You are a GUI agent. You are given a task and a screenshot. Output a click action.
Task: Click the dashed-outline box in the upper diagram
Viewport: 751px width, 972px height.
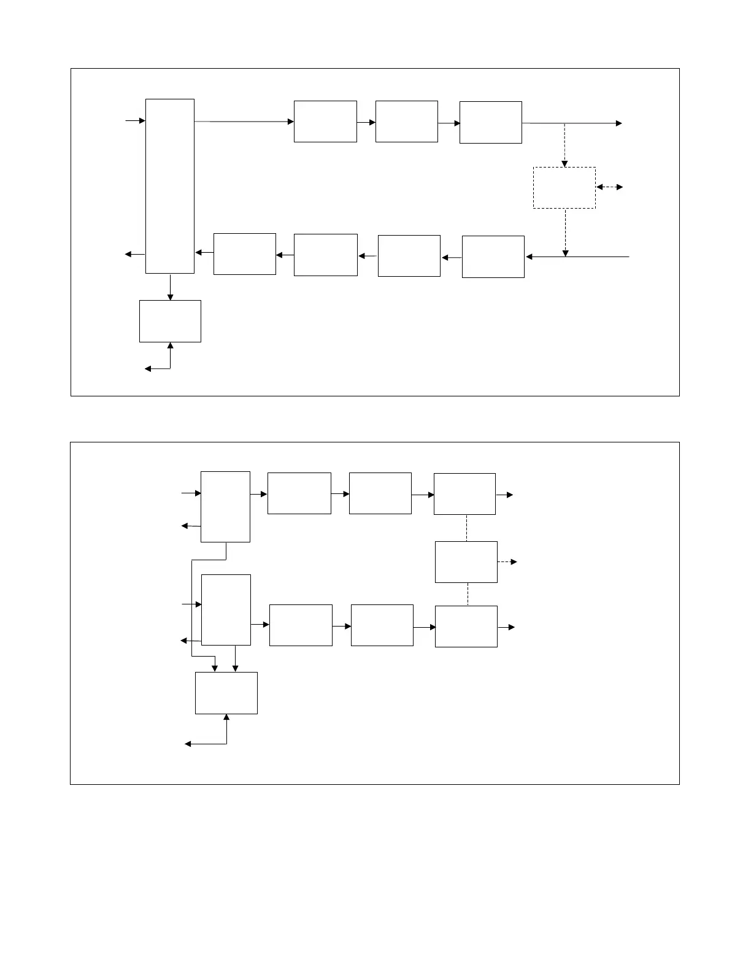click(564, 188)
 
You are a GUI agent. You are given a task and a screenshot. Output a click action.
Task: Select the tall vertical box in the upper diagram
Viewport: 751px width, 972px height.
click(170, 186)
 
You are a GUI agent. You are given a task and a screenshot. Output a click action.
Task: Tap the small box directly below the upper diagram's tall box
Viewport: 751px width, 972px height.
click(170, 321)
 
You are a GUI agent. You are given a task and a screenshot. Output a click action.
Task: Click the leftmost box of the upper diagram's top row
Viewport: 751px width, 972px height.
click(325, 121)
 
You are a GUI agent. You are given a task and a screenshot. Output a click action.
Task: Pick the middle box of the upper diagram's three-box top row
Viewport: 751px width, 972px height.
click(406, 121)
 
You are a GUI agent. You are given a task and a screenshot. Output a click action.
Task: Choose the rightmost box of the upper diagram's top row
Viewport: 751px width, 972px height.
click(490, 123)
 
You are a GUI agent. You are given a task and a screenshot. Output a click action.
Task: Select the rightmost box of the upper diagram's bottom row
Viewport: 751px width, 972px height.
click(493, 256)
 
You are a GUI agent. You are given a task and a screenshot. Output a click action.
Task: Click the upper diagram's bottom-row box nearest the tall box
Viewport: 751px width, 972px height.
click(244, 254)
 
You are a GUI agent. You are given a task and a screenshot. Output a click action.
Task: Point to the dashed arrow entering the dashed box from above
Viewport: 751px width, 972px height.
click(564, 145)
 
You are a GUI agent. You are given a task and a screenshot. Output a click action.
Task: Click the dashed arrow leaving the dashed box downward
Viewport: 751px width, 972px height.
click(565, 232)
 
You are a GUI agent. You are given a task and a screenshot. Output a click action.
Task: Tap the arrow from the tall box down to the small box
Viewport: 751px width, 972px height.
click(170, 287)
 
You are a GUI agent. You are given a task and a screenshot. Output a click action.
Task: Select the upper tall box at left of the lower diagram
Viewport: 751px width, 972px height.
click(225, 507)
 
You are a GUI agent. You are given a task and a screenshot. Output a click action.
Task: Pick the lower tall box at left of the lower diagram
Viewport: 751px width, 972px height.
click(226, 610)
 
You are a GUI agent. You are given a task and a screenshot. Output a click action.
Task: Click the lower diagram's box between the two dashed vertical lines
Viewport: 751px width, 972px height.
click(466, 562)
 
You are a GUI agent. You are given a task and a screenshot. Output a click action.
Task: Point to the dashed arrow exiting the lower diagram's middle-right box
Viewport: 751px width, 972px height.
click(507, 562)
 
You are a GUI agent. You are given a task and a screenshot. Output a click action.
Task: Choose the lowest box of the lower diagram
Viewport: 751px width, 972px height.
click(226, 693)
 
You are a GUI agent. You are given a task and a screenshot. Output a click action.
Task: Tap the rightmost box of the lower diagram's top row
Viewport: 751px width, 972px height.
click(464, 494)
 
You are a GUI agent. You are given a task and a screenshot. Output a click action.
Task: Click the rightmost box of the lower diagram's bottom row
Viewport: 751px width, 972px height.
click(466, 627)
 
